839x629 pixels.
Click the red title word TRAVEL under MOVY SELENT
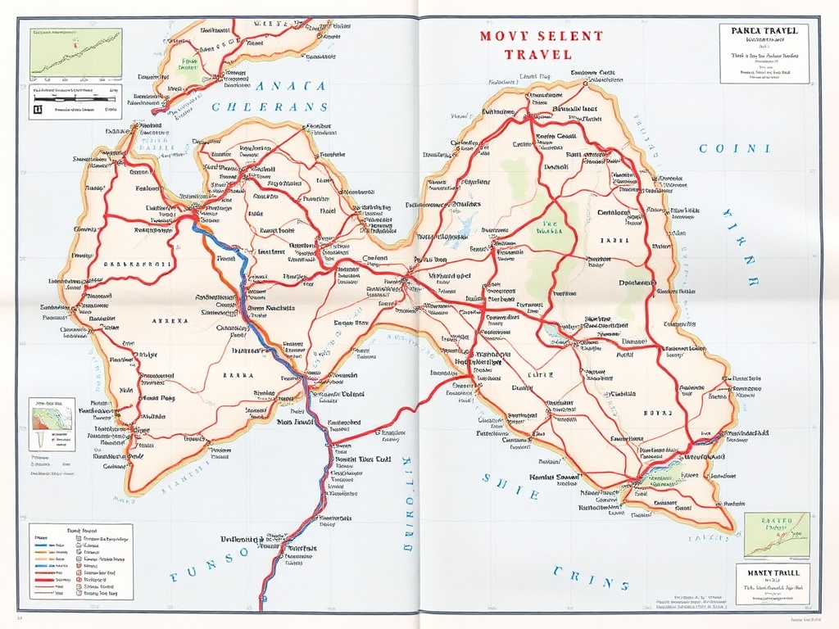538,54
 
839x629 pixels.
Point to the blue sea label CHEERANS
270,106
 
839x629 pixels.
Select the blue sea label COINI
734,149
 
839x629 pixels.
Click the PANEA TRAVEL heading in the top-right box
764,30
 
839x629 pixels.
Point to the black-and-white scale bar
75,105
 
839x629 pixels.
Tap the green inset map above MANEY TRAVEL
776,535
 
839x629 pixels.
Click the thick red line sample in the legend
49,578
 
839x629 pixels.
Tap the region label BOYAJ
658,412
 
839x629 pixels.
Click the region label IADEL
615,241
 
